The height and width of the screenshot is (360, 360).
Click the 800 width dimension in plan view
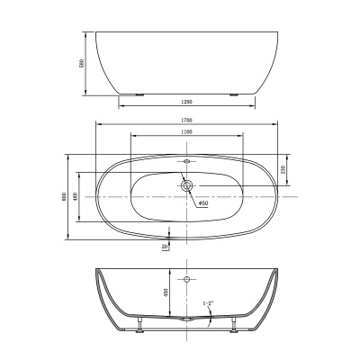[64, 196]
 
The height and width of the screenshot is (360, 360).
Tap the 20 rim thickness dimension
[164, 246]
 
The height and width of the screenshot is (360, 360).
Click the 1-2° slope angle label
[209, 304]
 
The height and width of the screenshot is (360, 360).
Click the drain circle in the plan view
[186, 186]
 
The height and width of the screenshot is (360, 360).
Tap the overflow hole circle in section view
[186, 281]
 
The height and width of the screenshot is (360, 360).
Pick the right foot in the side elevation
[236, 92]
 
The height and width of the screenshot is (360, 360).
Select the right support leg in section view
[235, 323]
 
